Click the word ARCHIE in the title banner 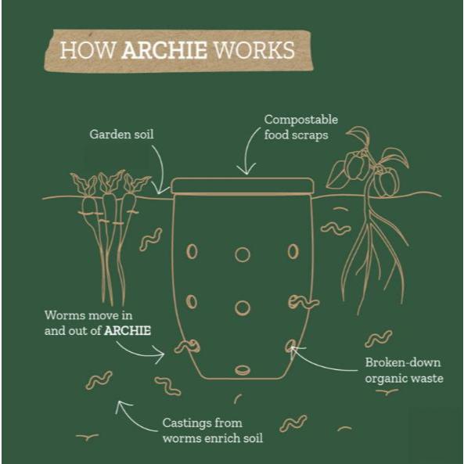click(x=164, y=50)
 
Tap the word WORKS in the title click(x=254, y=50)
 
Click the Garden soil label click(x=121, y=135)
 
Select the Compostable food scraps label click(x=301, y=128)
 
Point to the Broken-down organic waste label click(x=404, y=370)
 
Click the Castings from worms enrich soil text click(x=213, y=430)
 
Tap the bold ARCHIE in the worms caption click(x=128, y=330)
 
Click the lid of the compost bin click(x=242, y=186)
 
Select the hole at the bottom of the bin click(x=243, y=370)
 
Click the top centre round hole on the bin click(x=243, y=254)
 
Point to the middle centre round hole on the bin click(x=243, y=308)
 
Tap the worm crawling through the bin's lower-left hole click(x=187, y=346)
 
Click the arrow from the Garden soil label click(x=160, y=169)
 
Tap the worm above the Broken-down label click(x=379, y=339)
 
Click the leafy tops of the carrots click(x=110, y=183)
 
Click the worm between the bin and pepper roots click(x=336, y=228)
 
